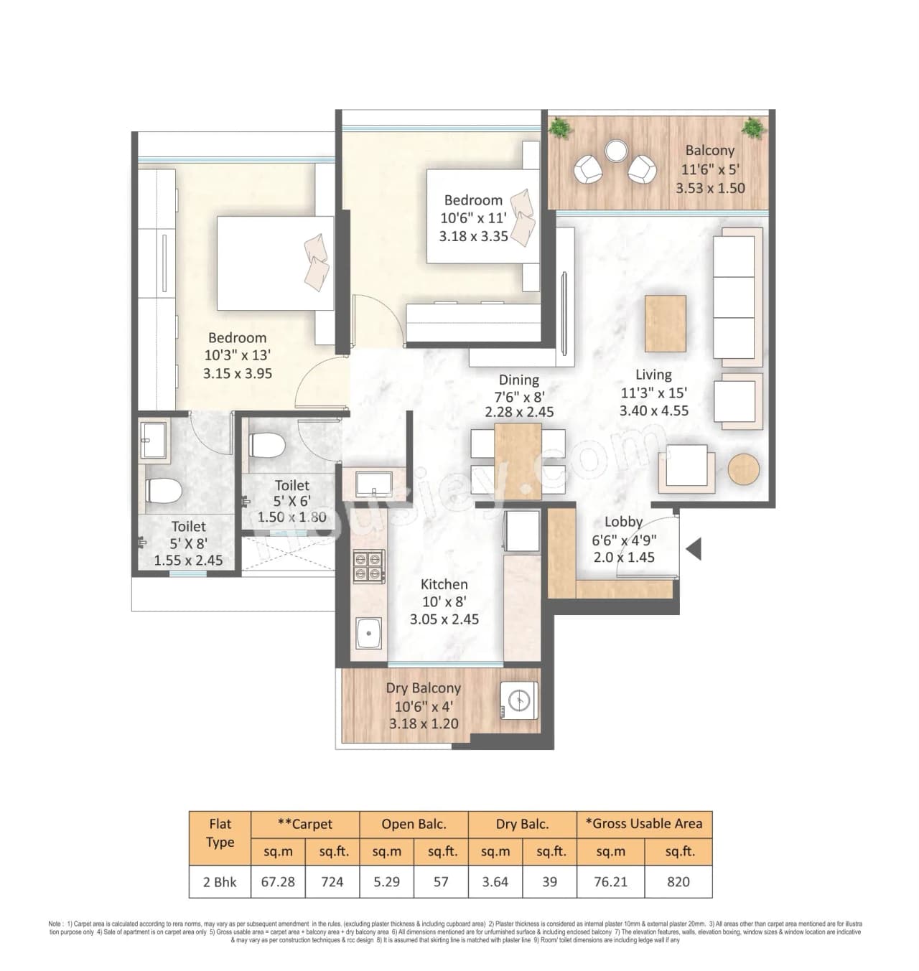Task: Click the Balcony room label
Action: tap(709, 151)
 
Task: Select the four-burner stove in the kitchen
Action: tap(368, 566)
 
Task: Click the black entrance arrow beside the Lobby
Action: tap(694, 550)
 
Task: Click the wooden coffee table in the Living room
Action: tap(665, 323)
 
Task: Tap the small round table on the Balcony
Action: tap(615, 151)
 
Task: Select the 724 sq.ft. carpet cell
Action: tap(332, 881)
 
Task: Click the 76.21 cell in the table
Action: tap(610, 881)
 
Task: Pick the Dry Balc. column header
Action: tap(522, 824)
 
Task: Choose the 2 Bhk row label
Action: tap(220, 881)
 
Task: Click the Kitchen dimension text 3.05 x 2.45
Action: tap(444, 619)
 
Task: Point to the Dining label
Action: tap(518, 380)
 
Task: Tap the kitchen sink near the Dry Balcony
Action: tap(368, 633)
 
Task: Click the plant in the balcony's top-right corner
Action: tap(752, 128)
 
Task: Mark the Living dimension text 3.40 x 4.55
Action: tap(653, 411)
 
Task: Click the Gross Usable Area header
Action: tap(644, 824)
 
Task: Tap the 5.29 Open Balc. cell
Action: tap(386, 881)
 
